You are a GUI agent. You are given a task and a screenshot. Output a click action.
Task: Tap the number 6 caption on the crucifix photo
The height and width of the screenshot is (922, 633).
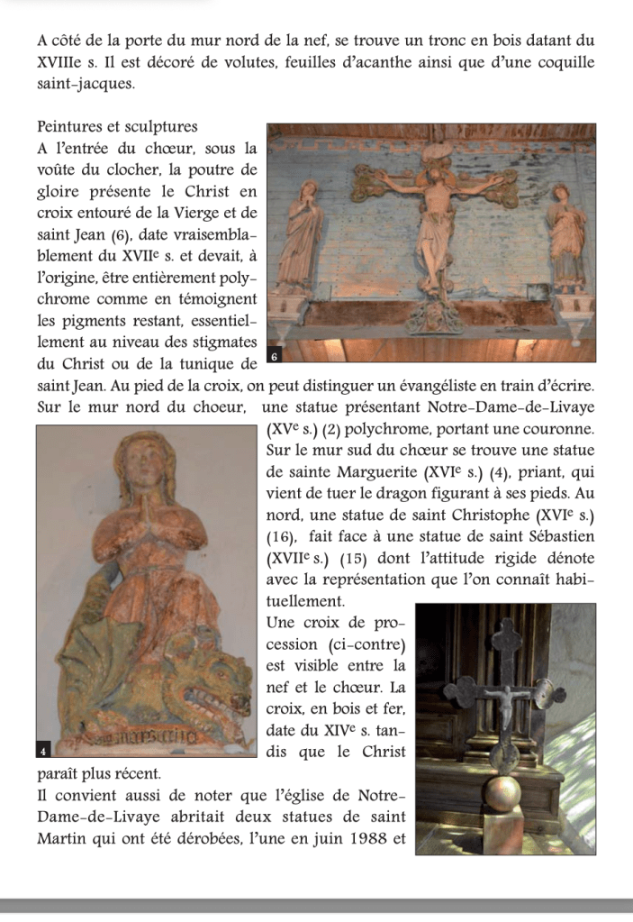point(277,358)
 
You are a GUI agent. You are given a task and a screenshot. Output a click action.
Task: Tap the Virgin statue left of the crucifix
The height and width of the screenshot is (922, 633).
point(302,234)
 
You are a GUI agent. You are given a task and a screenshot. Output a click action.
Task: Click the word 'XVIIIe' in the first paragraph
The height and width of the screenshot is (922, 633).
point(60,62)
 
